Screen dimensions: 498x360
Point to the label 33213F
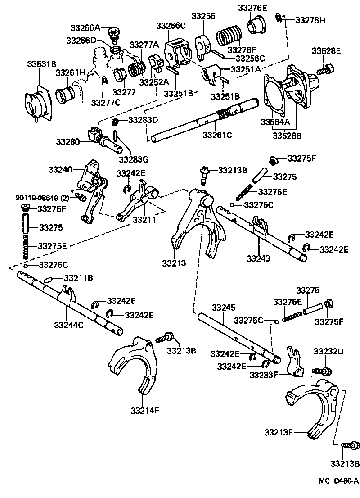pyautogui.click(x=279, y=433)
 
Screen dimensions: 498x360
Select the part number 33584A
pyautogui.click(x=275, y=122)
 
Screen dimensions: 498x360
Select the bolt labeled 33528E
pyautogui.click(x=324, y=71)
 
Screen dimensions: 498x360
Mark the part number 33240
pyautogui.click(x=60, y=169)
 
